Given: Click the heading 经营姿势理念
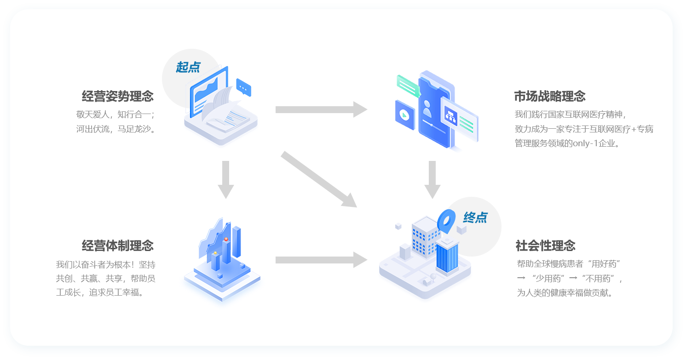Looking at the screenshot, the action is tap(118, 97).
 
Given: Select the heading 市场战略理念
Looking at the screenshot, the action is tap(550, 97).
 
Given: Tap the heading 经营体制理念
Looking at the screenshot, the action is tap(118, 246).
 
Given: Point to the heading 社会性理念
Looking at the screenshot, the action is tap(545, 246).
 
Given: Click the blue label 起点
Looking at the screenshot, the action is tap(188, 67).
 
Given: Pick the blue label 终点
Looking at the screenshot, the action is tap(475, 217).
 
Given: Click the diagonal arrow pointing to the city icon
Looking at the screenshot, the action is tap(319, 179).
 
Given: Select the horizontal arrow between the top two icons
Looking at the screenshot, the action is tap(321, 109).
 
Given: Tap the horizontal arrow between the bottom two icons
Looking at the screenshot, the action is tap(321, 260).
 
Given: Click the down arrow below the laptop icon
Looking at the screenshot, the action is tap(226, 180).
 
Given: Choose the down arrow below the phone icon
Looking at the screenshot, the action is tap(432, 180).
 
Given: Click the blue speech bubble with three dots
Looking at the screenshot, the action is tap(244, 87).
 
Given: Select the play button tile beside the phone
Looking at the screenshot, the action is tap(405, 115).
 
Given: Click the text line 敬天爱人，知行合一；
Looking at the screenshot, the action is tap(116, 114).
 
